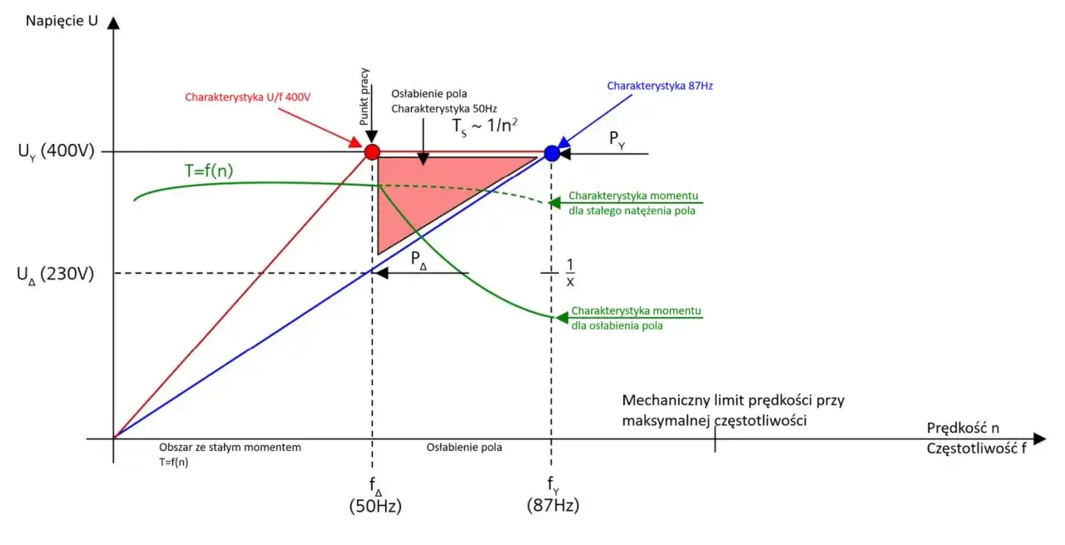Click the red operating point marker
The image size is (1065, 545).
tap(372, 151)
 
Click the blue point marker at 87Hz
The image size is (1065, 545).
tap(552, 153)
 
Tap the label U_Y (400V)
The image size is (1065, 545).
tap(56, 151)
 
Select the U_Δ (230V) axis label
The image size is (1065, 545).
tap(55, 275)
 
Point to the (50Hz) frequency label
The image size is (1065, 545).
tap(375, 506)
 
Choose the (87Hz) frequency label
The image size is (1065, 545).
tap(553, 505)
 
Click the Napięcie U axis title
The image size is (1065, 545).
tap(62, 21)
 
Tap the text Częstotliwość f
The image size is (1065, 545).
tap(977, 448)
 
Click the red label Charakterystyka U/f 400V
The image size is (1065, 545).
tap(248, 97)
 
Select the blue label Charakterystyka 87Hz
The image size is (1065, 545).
tap(660, 86)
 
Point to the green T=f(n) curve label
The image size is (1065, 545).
tap(209, 171)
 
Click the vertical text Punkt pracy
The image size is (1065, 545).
tap(364, 97)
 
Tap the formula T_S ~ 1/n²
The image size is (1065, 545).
tap(484, 126)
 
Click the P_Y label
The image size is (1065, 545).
tap(617, 139)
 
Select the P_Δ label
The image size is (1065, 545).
tap(419, 260)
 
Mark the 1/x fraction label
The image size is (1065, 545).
tap(570, 273)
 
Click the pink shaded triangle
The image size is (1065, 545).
tap(428, 191)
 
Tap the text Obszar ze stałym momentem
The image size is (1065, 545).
tap(230, 447)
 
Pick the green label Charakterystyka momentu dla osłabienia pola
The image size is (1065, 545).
tap(637, 318)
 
